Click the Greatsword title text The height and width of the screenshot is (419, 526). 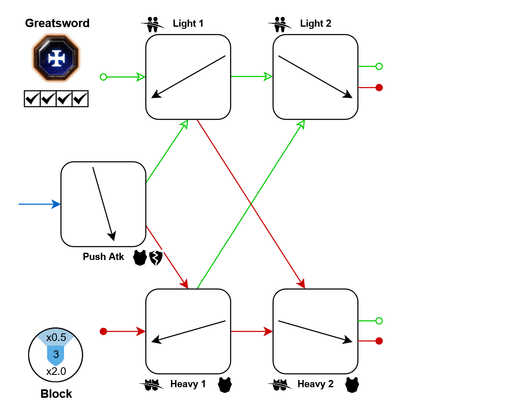pos(57,23)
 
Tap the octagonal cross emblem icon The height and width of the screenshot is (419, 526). pos(56,59)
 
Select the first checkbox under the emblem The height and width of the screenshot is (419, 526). pos(32,99)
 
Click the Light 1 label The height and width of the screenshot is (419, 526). pos(188,23)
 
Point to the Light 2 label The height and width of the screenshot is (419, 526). pos(315,23)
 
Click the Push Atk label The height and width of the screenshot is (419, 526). pos(103,257)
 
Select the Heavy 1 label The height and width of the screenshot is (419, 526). pos(188,384)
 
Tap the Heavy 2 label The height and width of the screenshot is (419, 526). pos(315,384)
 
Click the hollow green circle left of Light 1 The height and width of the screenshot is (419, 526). pos(103,77)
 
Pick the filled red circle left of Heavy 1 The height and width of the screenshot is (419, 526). pos(103,331)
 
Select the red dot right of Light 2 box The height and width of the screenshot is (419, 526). pos(379,87)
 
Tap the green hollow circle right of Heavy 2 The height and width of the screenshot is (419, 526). pos(379,321)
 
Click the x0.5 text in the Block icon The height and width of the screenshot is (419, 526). pos(56,338)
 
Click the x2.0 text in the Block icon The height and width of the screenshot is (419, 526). pos(56,372)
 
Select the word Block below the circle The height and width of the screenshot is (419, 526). pos(56,394)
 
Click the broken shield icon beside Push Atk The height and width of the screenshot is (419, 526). pos(156,258)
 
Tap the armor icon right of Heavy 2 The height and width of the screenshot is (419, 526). pos(352,385)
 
